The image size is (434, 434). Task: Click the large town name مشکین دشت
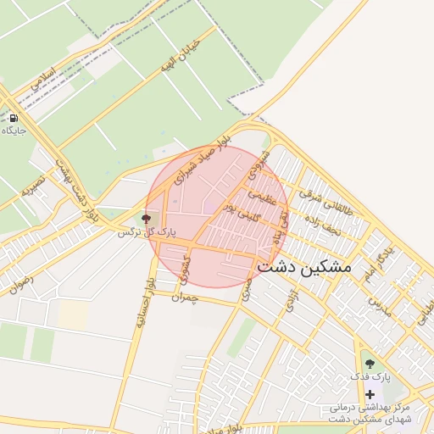click(x=303, y=266)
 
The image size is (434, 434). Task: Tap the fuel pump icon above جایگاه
click(x=14, y=119)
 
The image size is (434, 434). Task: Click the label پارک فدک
click(x=370, y=376)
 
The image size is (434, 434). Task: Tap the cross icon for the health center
click(x=370, y=394)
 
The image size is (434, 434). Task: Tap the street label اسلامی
click(x=42, y=79)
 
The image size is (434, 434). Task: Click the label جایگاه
click(x=14, y=131)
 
